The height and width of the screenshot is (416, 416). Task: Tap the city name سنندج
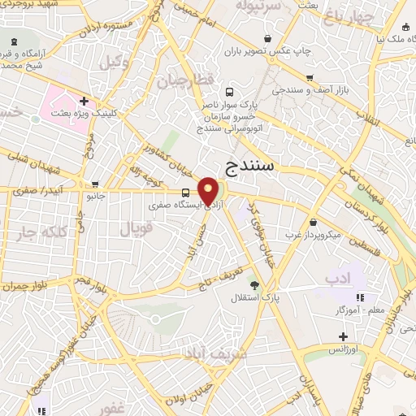point(252,167)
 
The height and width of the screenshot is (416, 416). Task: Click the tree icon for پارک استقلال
point(255,284)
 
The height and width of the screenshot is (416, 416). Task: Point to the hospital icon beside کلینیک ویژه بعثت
point(84,101)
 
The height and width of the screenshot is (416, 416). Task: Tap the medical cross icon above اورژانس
point(344,336)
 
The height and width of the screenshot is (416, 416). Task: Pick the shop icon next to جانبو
point(97,184)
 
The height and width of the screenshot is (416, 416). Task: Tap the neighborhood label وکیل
point(115,63)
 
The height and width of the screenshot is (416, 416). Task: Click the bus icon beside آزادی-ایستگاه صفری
point(187,193)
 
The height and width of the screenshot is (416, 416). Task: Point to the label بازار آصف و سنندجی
point(313,89)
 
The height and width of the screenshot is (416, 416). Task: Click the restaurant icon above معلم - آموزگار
point(360,297)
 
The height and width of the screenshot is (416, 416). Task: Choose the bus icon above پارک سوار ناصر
point(229,92)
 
